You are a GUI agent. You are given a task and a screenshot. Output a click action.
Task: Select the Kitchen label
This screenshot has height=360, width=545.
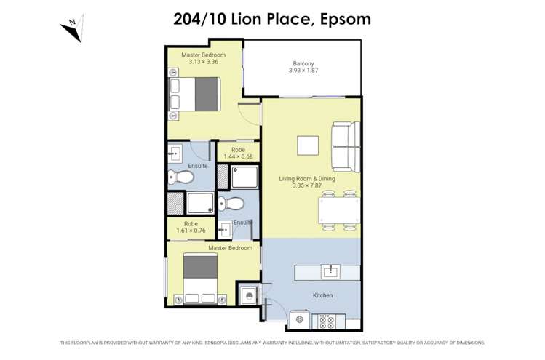point(322,295)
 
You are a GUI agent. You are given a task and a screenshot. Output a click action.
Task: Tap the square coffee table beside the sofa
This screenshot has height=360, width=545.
point(308,145)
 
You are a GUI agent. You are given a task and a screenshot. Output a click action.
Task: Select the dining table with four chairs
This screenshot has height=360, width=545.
point(339,211)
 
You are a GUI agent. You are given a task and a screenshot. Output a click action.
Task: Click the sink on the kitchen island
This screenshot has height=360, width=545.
point(330,272)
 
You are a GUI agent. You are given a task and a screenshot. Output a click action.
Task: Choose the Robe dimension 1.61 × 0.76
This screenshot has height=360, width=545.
point(191,231)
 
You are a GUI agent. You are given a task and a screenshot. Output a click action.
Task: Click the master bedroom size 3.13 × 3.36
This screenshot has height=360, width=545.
point(203,62)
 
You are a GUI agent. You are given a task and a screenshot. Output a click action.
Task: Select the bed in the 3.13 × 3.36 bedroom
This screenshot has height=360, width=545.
point(194,93)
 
